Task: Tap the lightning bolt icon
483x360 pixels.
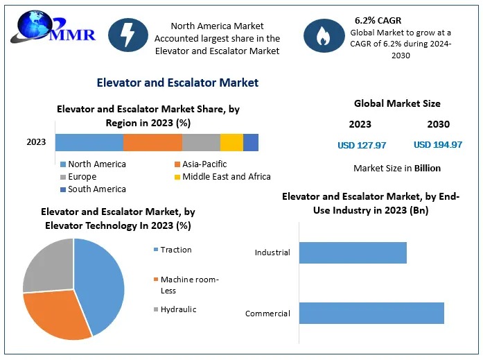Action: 128,35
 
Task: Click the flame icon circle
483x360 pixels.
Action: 324,35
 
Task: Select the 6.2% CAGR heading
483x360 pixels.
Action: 378,19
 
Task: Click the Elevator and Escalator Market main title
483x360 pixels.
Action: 177,83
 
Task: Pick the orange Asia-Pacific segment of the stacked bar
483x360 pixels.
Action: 152,142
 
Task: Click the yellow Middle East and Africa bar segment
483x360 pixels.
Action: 231,142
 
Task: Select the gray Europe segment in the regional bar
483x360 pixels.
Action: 201,142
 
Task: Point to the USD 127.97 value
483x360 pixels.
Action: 362,145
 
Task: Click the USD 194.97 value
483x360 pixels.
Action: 438,145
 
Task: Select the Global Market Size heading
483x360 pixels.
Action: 397,103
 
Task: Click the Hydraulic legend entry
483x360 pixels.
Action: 178,309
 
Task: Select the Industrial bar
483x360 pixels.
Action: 353,252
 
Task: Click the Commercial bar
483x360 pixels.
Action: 371,313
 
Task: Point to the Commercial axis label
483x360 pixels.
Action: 267,314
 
